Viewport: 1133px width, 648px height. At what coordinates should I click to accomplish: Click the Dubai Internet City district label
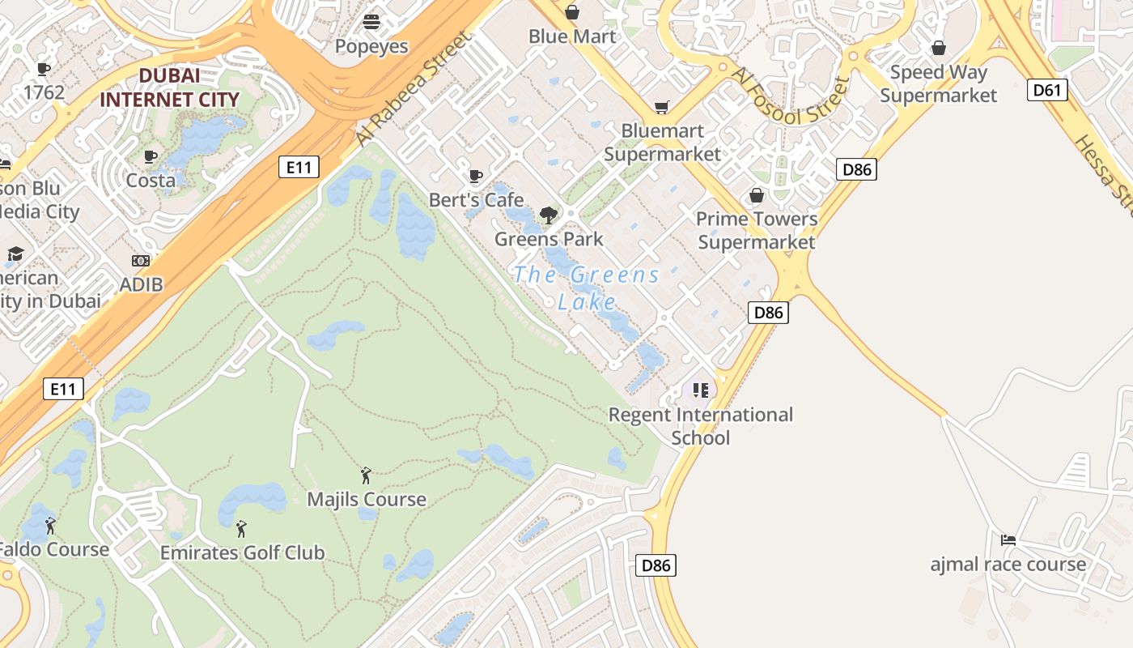[169, 87]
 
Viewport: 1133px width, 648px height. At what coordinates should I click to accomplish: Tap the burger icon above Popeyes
[371, 22]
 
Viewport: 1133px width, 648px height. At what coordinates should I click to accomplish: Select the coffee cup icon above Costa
[150, 157]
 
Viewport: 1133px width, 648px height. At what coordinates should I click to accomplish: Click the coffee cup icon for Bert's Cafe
[476, 177]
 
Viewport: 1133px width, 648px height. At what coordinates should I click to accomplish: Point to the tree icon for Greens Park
[549, 215]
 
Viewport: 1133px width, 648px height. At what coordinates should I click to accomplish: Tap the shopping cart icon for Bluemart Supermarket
[662, 108]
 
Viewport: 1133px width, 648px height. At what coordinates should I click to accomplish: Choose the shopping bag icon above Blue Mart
[572, 12]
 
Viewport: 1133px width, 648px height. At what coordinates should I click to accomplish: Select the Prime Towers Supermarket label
[757, 230]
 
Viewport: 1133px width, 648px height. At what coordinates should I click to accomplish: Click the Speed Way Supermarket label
[939, 83]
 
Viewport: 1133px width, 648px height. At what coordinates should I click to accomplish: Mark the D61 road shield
[1046, 89]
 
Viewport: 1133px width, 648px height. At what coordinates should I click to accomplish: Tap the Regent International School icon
[701, 390]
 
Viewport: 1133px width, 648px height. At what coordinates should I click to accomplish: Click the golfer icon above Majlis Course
[366, 475]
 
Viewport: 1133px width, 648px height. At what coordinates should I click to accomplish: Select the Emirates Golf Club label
[242, 553]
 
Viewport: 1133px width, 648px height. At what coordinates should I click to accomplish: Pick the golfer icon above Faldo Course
[50, 526]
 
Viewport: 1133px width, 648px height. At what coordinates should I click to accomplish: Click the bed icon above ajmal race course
[1008, 540]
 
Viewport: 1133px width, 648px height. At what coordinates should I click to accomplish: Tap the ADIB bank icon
[141, 261]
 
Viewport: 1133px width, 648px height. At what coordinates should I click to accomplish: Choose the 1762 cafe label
[44, 92]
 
